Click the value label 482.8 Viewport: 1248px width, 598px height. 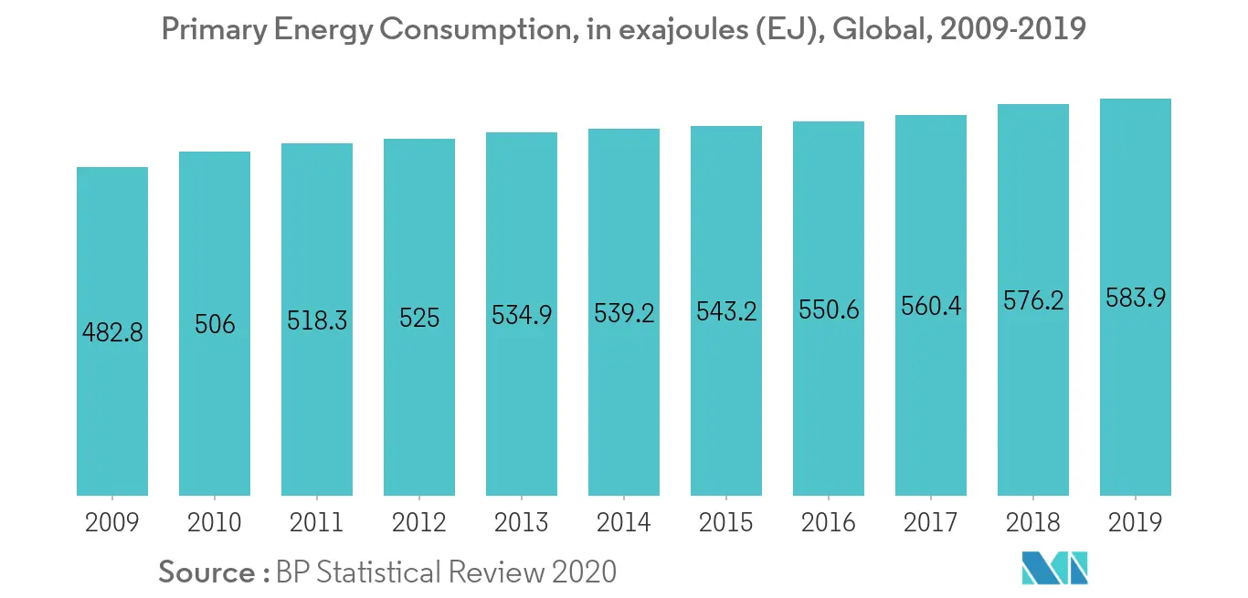tap(112, 332)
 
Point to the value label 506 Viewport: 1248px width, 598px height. tap(215, 324)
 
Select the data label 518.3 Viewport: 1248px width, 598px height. tap(317, 320)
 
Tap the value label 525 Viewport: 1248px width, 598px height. tap(419, 318)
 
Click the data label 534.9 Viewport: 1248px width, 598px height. tap(522, 315)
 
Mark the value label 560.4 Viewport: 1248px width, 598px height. tap(931, 306)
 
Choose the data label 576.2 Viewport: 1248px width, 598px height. tap(1033, 300)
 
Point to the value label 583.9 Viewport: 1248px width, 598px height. tap(1136, 298)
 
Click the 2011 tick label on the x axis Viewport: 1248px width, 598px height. tap(317, 522)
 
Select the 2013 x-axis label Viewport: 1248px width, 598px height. tap(522, 522)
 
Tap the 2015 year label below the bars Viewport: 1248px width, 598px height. tap(726, 522)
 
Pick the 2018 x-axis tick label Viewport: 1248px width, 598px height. tap(1033, 522)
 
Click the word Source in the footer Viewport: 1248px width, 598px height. tap(207, 572)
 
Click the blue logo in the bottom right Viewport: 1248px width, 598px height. tap(1055, 568)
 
